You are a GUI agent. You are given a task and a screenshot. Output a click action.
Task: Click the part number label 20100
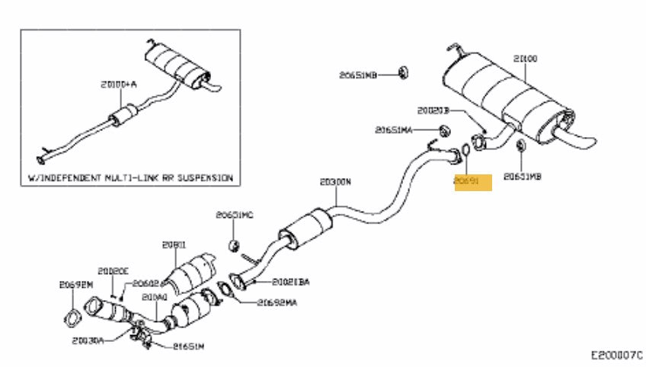pyautogui.click(x=525, y=58)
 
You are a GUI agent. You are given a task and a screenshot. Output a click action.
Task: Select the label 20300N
pyautogui.click(x=335, y=182)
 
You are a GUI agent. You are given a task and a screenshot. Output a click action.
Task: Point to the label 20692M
pyautogui.click(x=75, y=285)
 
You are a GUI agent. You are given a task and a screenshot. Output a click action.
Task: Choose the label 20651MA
pyautogui.click(x=393, y=130)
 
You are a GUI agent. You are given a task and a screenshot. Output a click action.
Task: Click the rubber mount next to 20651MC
pyautogui.click(x=236, y=245)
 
